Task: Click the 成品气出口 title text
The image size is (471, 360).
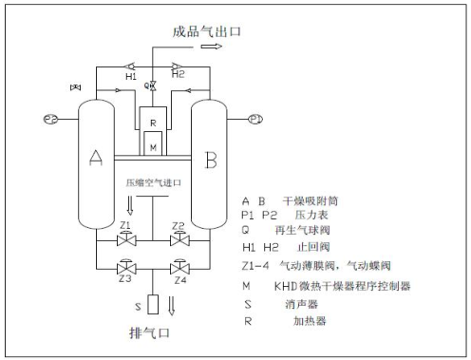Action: [207, 30]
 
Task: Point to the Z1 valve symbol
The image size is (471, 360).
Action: [124, 236]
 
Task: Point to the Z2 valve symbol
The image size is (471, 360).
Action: [179, 236]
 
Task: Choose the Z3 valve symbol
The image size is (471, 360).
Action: [124, 267]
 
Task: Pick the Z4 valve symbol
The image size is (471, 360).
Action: [179, 267]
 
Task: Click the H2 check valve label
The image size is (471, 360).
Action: [178, 75]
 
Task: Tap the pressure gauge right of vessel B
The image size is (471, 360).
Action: [254, 119]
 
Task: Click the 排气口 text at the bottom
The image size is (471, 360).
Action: [148, 333]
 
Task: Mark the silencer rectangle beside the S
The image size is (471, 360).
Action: [153, 305]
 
